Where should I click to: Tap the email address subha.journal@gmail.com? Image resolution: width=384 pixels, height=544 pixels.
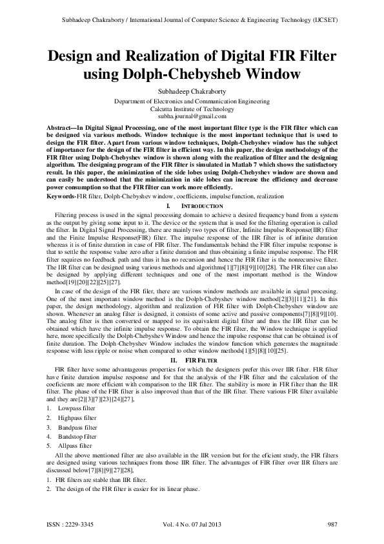click(192, 117)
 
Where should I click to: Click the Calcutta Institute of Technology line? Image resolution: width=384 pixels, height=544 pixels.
click(192, 109)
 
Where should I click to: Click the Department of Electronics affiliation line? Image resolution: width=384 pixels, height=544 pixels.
click(192, 101)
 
